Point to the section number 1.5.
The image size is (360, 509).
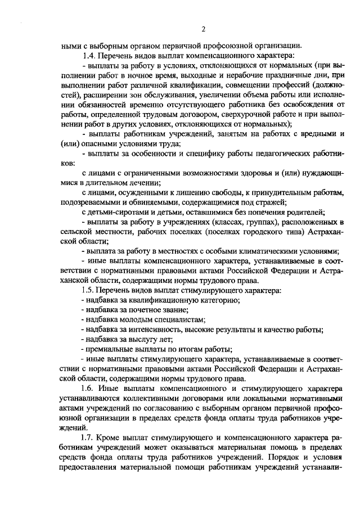click(x=89, y=290)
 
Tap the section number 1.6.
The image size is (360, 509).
click(x=89, y=389)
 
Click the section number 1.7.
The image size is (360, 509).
click(x=89, y=437)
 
